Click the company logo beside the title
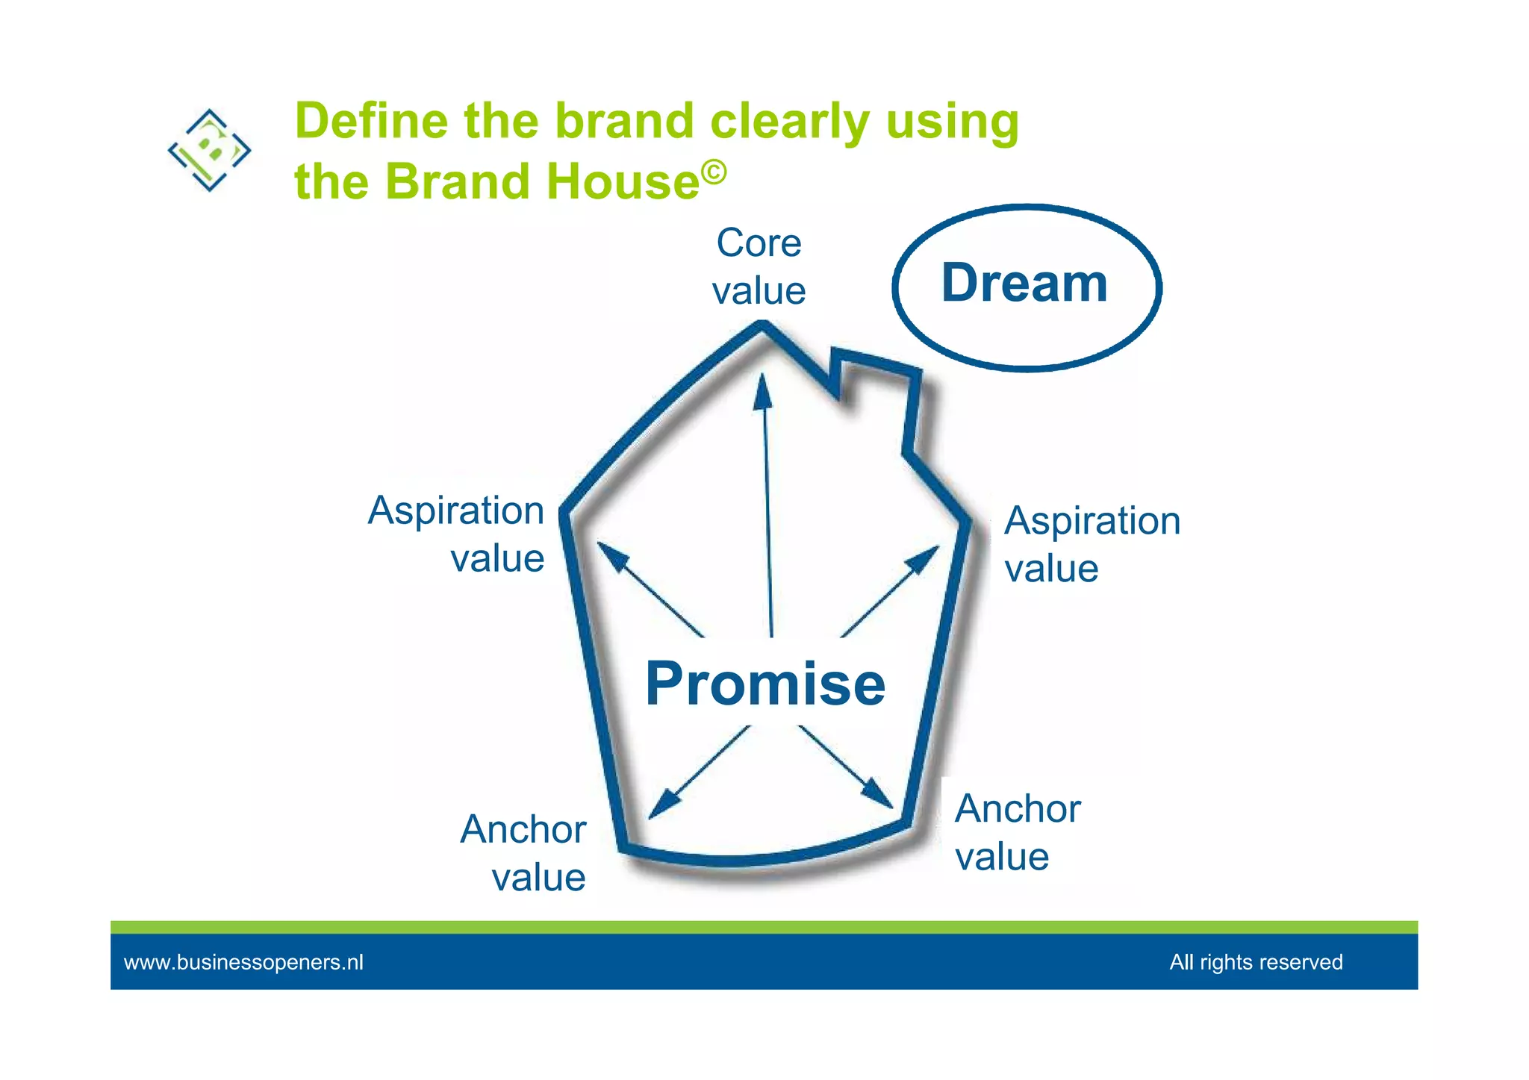[x=209, y=150]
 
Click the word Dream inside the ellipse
[x=1024, y=284]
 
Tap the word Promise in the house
[x=765, y=684]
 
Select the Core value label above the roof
[x=759, y=266]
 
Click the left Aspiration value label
[x=456, y=534]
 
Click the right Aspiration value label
[x=1092, y=544]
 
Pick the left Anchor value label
[x=523, y=852]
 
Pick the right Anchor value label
[x=1017, y=832]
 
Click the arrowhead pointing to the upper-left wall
[x=610, y=554]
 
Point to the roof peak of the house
[x=762, y=325]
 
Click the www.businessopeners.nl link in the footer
[x=243, y=962]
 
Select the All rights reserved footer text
[x=1256, y=962]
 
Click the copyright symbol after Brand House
[x=714, y=172]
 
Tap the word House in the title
[x=623, y=181]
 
